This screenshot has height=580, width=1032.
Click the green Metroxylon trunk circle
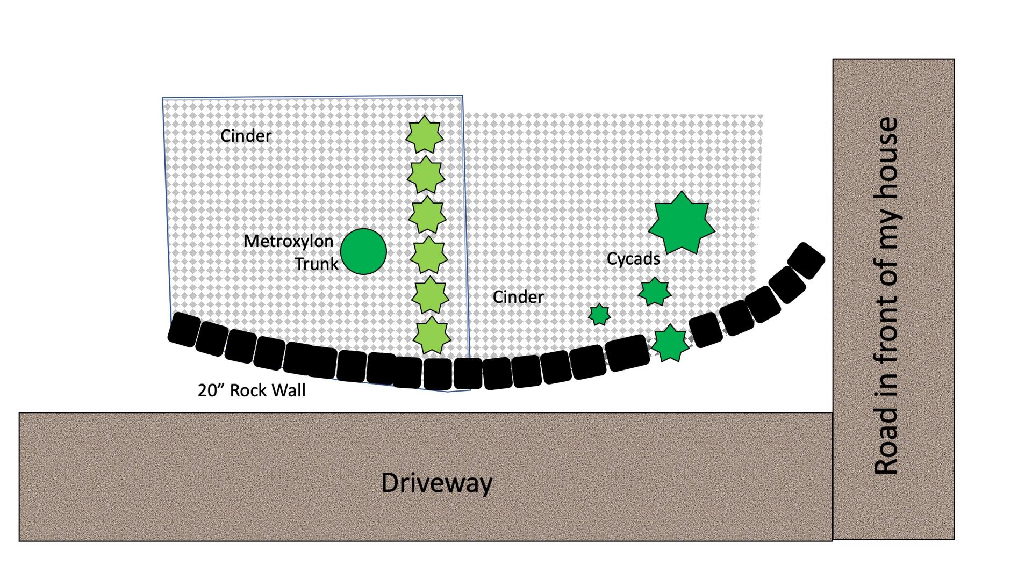(363, 251)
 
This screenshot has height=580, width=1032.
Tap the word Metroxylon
(289, 241)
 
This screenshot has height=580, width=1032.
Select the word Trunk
(317, 264)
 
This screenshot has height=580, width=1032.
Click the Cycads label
(633, 259)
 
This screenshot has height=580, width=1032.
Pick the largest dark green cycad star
(682, 223)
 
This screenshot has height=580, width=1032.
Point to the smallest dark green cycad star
(599, 315)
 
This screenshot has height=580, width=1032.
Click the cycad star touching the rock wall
(670, 343)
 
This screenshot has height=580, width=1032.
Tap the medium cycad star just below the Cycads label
(654, 292)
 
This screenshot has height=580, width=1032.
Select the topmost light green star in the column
(425, 134)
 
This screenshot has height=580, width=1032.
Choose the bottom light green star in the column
(431, 335)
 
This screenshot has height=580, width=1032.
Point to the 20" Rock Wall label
(252, 390)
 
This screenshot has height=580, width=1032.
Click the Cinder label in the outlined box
(246, 136)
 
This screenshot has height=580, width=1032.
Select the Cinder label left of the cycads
(518, 297)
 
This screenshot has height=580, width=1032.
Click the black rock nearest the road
(806, 260)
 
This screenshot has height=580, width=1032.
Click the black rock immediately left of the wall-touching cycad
(627, 353)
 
